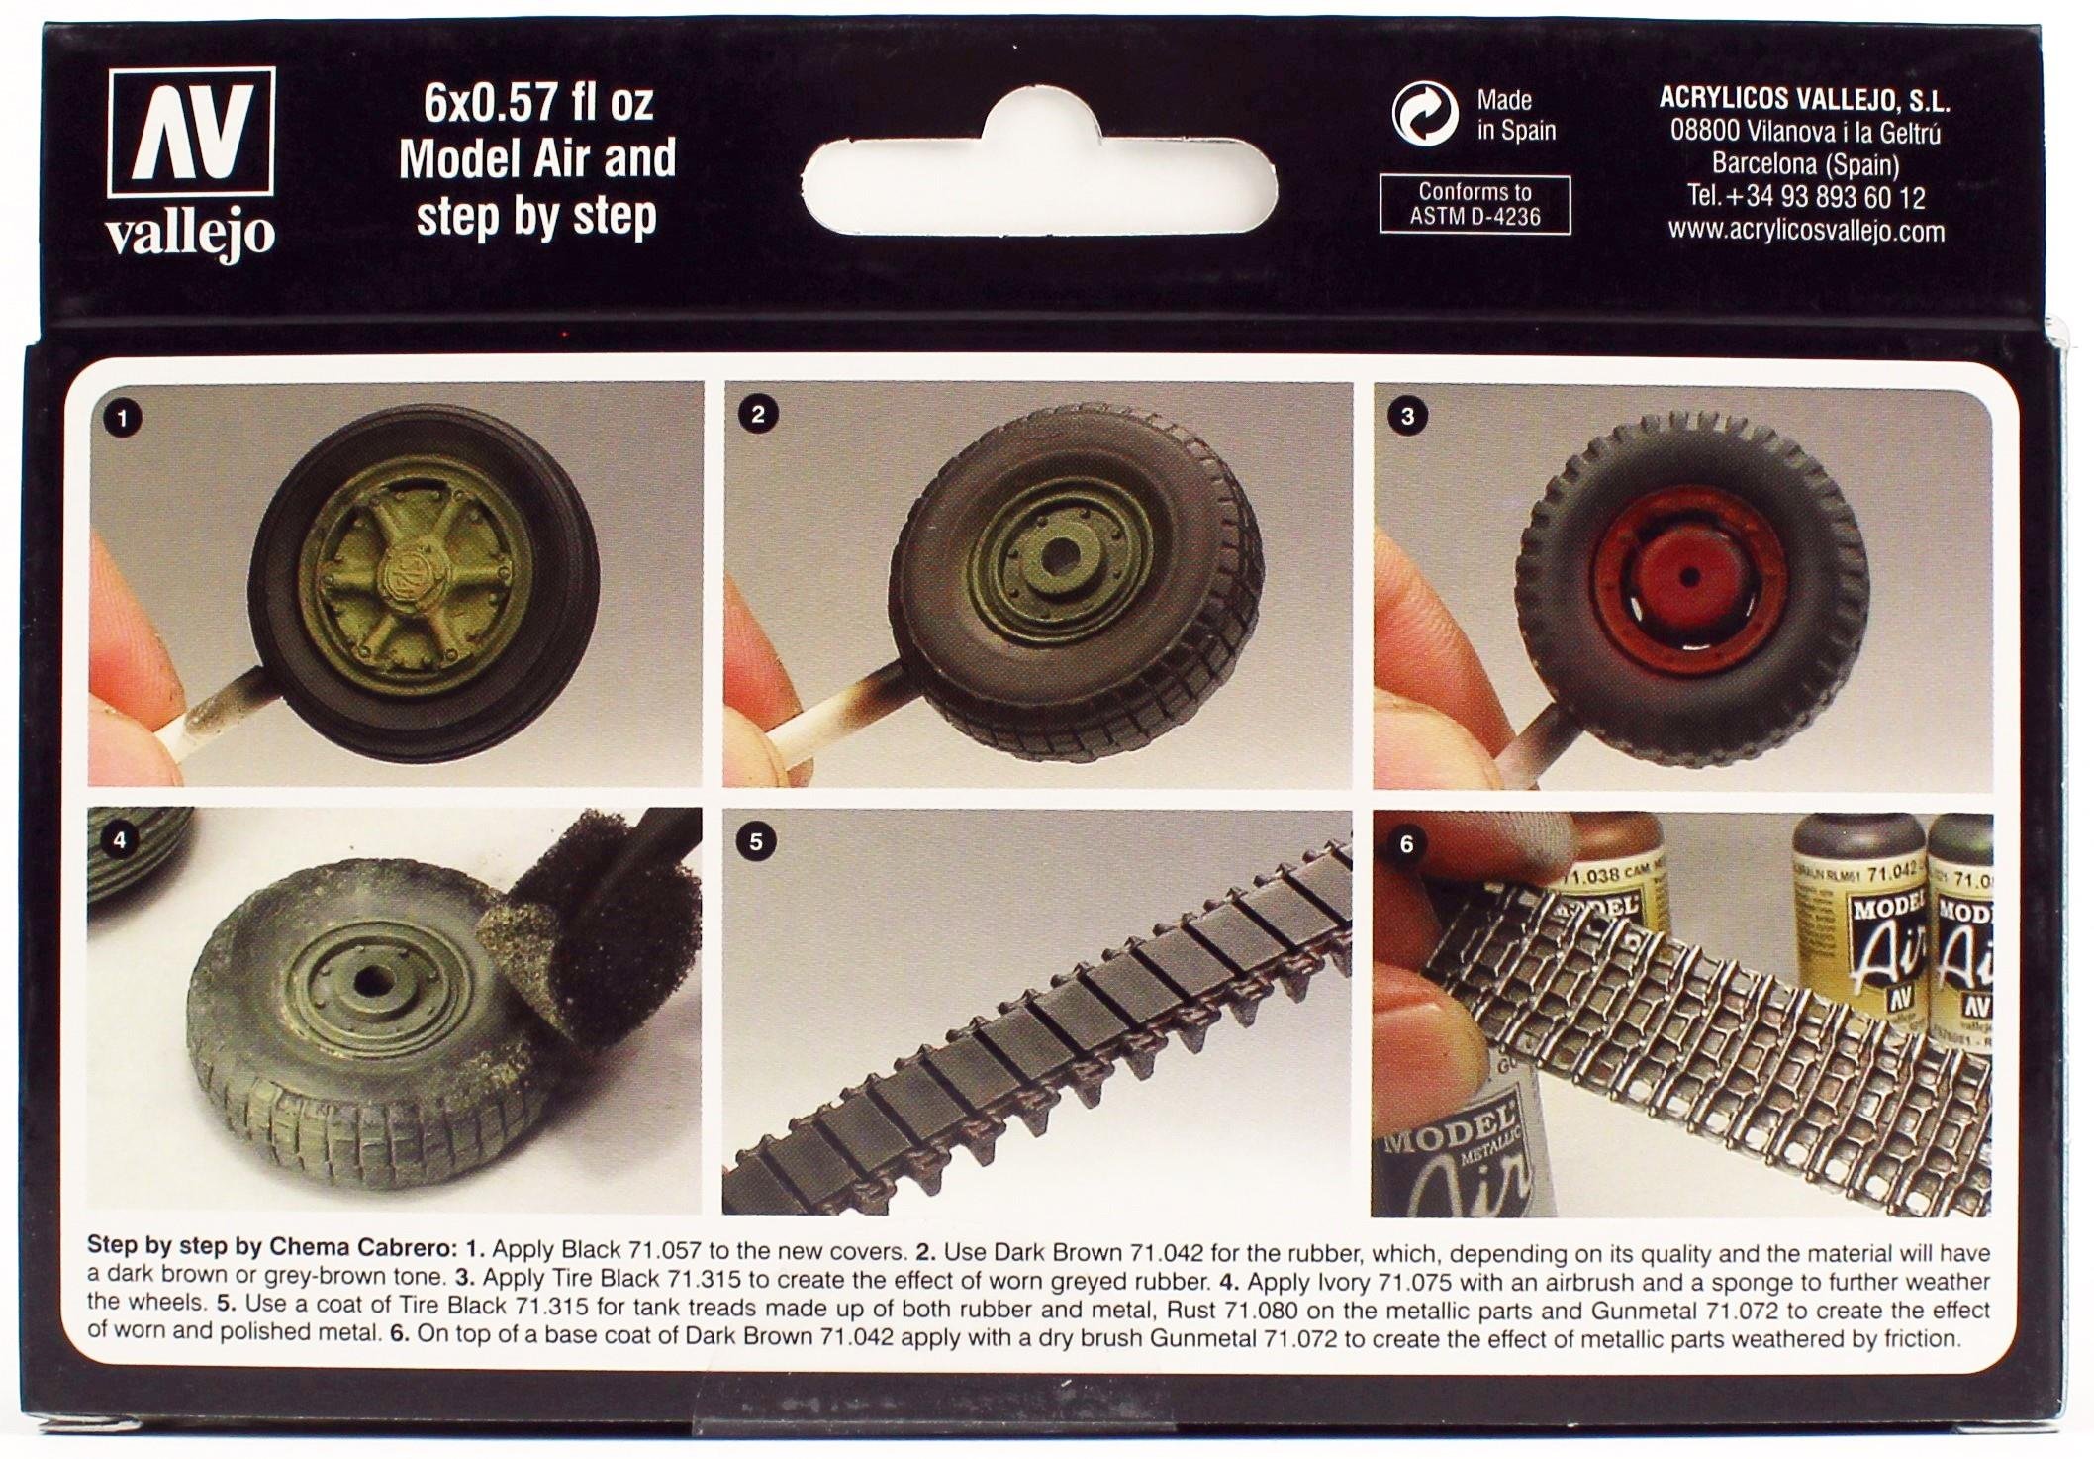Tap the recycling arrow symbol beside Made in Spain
coord(1425,114)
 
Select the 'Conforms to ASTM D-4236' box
coord(1475,205)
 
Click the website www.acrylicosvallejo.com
coord(1806,232)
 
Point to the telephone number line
coord(1806,198)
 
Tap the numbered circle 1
coord(123,419)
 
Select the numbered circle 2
coord(758,415)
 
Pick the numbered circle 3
coord(1408,417)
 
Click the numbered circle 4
coord(120,841)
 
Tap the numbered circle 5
coord(757,842)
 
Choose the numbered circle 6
coord(1406,844)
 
